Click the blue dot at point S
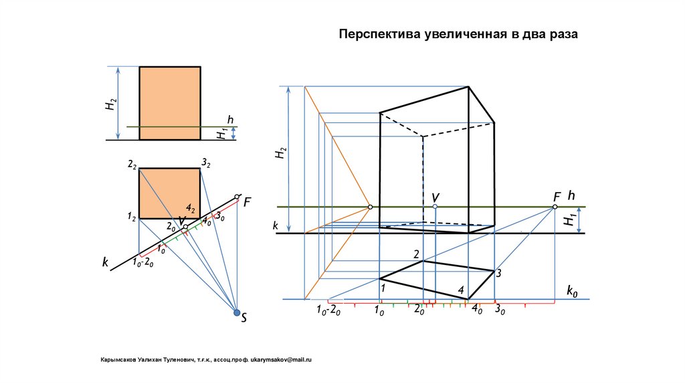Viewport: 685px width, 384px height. pyautogui.click(x=236, y=312)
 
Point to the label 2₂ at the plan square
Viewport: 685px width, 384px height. pyautogui.click(x=132, y=165)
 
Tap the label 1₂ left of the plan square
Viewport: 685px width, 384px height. pyautogui.click(x=132, y=217)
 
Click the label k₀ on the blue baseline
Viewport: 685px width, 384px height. pyautogui.click(x=572, y=291)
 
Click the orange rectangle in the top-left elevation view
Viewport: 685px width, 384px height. pyautogui.click(x=169, y=103)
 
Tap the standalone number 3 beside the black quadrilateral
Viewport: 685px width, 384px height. pyautogui.click(x=498, y=272)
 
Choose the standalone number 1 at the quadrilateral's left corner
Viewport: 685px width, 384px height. pyautogui.click(x=383, y=288)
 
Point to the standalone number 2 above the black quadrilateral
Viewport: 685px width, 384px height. pyautogui.click(x=416, y=254)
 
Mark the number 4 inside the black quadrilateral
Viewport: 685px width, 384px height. pyautogui.click(x=461, y=290)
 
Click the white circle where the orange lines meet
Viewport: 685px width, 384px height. pyautogui.click(x=370, y=207)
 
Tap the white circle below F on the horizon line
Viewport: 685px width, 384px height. pyautogui.click(x=555, y=207)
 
